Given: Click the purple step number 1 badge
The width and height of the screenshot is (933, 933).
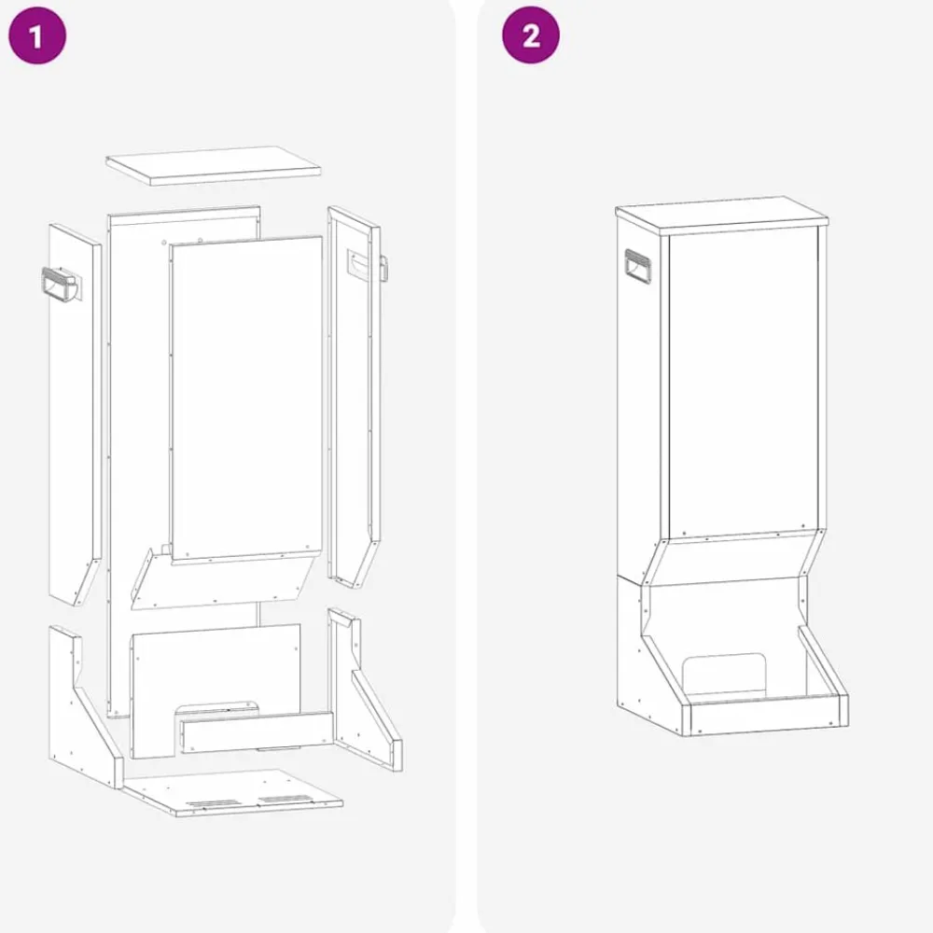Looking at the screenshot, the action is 37,35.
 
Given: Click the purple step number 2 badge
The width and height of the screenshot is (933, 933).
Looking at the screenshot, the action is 531,35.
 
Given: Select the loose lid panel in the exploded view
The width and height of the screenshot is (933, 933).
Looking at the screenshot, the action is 214,165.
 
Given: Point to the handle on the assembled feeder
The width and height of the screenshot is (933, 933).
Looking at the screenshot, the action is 638,267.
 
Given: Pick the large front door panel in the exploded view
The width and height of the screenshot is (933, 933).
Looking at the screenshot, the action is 246,397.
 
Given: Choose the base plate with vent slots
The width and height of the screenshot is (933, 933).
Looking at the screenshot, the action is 232,792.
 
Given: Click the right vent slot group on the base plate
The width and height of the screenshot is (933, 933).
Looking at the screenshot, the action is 285,799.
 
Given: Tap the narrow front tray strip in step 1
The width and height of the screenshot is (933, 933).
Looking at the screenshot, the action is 258,732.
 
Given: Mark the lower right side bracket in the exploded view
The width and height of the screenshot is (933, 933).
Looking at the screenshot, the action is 364,689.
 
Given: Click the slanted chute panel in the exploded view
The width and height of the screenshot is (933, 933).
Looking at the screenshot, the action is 222,579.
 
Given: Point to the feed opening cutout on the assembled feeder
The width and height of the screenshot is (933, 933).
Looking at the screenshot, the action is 724,675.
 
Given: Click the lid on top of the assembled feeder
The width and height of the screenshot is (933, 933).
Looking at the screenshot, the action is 722,215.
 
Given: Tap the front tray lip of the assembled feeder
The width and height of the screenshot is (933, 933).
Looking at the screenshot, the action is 768,716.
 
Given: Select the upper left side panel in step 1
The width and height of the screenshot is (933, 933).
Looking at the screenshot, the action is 75,414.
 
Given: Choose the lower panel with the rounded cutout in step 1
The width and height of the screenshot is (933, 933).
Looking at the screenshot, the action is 216,690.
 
